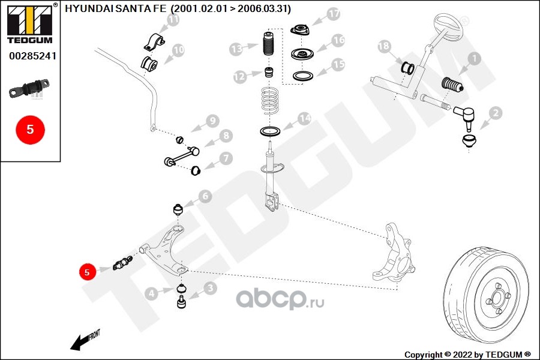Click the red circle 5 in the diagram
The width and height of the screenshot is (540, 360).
point(86,272)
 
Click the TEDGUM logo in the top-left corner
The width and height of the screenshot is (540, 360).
point(30,23)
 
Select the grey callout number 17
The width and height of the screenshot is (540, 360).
point(333,14)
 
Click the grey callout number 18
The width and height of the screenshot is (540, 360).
point(384,46)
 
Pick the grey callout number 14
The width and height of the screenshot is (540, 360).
point(304,119)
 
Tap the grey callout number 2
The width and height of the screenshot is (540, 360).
point(496,112)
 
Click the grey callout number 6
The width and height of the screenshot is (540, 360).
point(205,196)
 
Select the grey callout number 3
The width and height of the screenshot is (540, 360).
point(210,289)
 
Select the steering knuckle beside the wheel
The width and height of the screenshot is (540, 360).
point(395,252)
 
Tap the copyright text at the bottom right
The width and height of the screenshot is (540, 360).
point(467,354)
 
